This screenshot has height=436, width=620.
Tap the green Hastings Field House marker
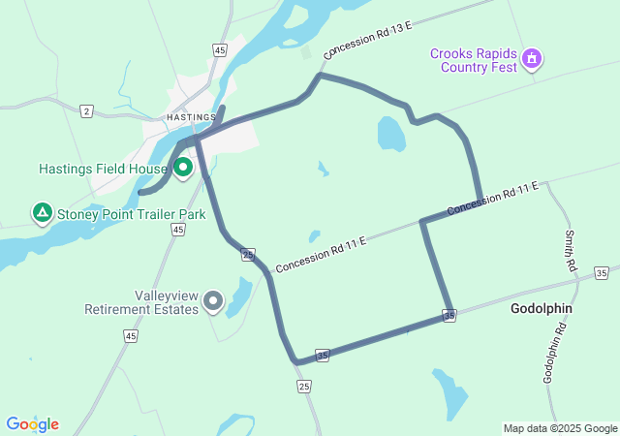click(182, 167)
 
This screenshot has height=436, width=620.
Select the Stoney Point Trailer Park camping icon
click(42, 211)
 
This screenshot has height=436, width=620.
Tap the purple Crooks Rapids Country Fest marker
click(531, 59)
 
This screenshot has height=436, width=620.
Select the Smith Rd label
click(571, 250)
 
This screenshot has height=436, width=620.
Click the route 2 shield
click(87, 111)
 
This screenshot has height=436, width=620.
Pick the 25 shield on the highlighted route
click(249, 255)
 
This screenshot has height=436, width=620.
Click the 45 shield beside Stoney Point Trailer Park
click(177, 230)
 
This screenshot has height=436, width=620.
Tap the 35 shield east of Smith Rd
click(602, 273)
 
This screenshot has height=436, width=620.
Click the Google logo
click(32, 424)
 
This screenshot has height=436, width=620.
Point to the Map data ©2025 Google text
click(560, 428)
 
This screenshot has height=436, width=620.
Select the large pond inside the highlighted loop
click(390, 134)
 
